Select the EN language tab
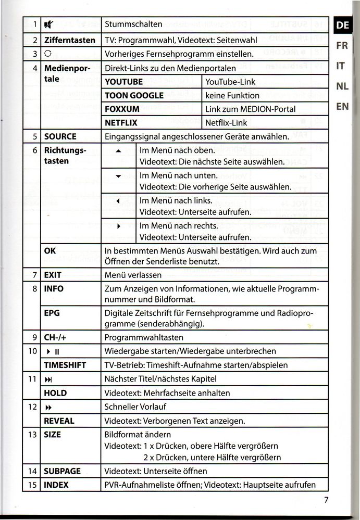click(x=342, y=106)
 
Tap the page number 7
click(x=326, y=501)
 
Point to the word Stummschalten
click(x=133, y=24)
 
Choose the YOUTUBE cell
click(x=124, y=82)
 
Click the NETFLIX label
click(x=121, y=123)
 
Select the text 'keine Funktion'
click(x=232, y=96)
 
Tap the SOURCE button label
click(x=60, y=137)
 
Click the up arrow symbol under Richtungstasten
click(x=118, y=150)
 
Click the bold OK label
click(x=50, y=251)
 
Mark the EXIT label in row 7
click(x=53, y=275)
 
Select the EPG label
click(x=52, y=313)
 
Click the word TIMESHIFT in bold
click(x=65, y=365)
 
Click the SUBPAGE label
click(x=63, y=471)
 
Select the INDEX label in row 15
click(x=56, y=485)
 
